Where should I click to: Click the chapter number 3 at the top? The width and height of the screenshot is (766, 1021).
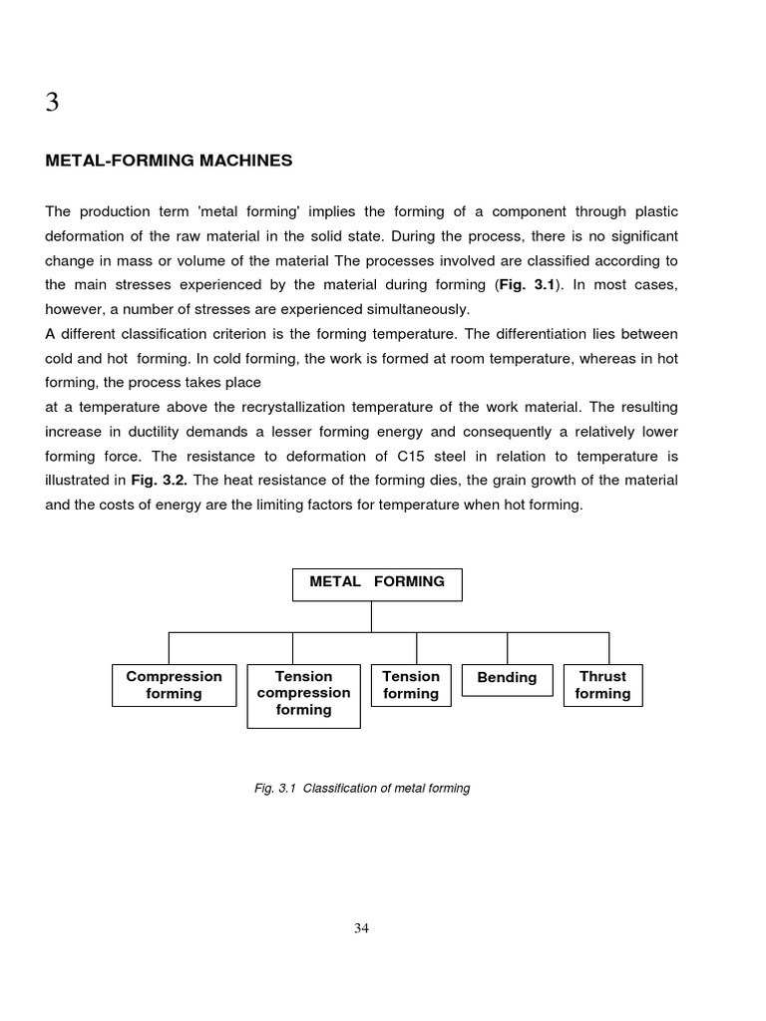52,103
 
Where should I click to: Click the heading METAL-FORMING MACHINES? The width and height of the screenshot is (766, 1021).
169,161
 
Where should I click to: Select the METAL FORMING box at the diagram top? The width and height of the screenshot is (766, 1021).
377,583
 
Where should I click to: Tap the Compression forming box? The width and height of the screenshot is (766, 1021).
174,685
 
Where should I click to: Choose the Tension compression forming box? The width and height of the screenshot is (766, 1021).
303,693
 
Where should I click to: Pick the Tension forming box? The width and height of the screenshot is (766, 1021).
411,685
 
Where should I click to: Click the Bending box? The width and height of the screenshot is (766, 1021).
507,678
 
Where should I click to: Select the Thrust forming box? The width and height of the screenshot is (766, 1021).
602,685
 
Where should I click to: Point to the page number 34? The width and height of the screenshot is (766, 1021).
361,928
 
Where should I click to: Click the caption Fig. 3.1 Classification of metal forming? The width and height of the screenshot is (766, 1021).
361,789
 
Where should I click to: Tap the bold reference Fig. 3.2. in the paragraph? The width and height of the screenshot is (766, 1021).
160,480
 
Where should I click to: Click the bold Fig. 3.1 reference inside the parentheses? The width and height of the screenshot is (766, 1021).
527,284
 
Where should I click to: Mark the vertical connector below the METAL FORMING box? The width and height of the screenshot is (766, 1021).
372,616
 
